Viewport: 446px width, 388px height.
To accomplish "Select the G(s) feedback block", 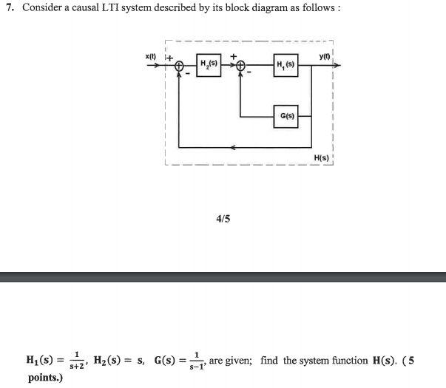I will click(x=285, y=117).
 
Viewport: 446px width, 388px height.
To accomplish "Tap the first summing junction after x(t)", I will click(x=180, y=66).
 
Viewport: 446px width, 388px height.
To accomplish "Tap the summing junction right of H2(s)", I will click(x=240, y=66).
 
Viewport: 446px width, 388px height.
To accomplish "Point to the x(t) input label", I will click(x=150, y=56).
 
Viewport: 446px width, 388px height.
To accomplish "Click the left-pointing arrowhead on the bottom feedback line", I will click(x=236, y=147).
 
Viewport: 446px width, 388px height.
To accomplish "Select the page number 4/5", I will click(x=223, y=219).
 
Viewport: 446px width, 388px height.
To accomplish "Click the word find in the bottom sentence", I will click(x=268, y=361).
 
